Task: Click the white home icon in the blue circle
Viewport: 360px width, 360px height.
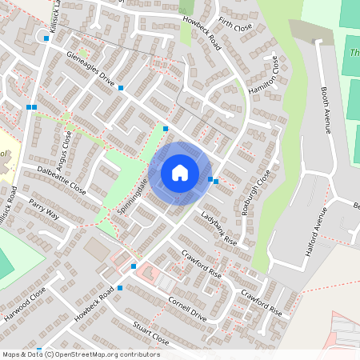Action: tap(180, 172)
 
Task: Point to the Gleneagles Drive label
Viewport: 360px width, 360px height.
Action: tap(91, 68)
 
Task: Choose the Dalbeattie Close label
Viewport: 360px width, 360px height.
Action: tap(61, 180)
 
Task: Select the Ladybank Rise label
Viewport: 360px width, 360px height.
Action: tap(219, 229)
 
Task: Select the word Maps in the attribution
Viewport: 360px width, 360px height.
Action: tap(10, 354)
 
